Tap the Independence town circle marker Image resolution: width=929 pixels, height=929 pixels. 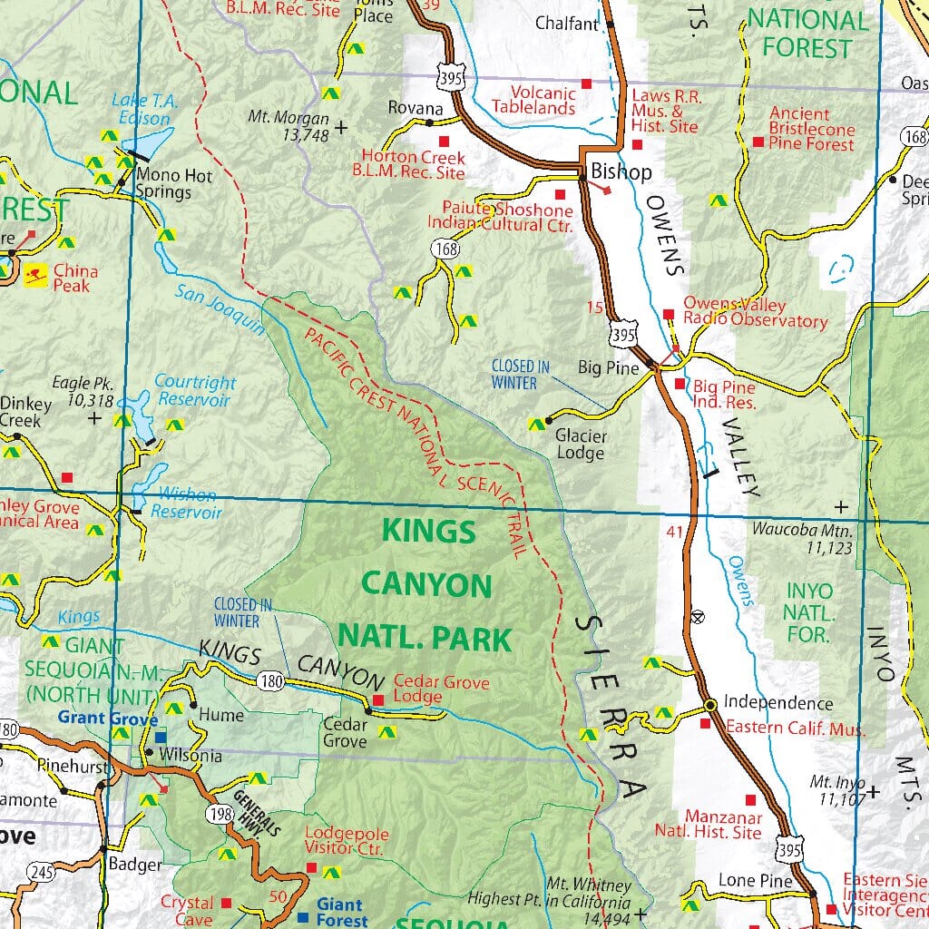tap(710, 704)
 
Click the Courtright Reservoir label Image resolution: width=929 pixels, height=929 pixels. tap(194, 391)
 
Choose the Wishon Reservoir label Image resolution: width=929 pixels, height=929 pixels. tap(187, 504)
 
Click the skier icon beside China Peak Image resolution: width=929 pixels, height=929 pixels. tap(35, 272)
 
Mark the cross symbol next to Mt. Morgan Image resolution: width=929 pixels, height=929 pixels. tap(341, 128)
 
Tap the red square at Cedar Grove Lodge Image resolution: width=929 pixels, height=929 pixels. tap(378, 700)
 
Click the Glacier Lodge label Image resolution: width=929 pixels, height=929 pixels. tap(581, 444)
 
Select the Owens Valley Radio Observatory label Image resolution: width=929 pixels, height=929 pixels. tap(755, 313)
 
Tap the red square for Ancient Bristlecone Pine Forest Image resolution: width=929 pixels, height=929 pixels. tap(758, 142)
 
